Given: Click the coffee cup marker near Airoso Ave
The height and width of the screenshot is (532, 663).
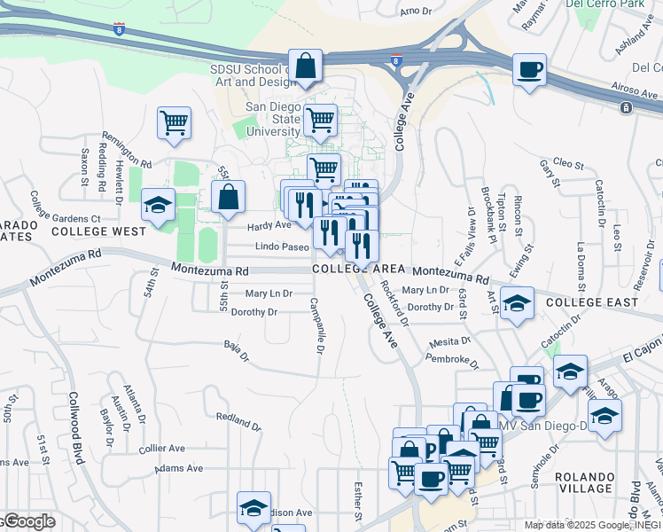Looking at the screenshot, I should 529,71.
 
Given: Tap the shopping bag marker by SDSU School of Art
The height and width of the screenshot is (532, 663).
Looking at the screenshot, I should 305,67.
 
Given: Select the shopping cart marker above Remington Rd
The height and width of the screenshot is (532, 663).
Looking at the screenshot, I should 174,123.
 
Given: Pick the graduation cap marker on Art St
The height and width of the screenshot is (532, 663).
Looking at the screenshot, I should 517,304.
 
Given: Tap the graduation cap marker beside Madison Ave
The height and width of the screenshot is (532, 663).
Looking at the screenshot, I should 253,509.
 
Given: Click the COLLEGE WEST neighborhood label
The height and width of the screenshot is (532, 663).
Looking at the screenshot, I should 98,231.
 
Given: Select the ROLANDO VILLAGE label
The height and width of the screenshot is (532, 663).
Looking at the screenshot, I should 585,482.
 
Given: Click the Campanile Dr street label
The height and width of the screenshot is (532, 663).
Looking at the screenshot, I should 316,324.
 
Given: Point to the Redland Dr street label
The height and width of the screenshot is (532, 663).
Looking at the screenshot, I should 238,420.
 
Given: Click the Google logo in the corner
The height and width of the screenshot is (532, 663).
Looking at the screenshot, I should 28,521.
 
